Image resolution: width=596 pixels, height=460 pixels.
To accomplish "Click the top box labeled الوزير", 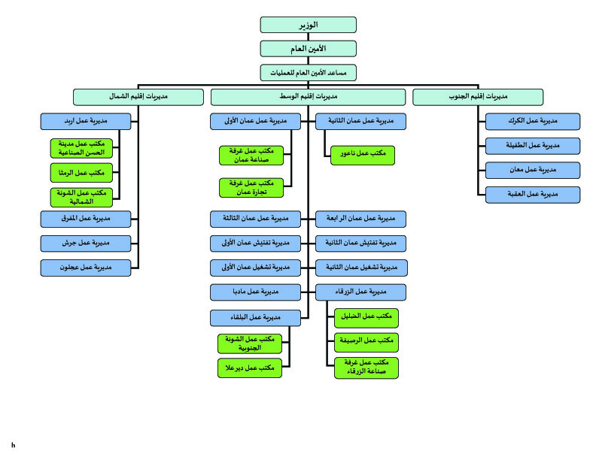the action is tap(309, 25).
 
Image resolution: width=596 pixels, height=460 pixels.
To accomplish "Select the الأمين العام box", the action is tap(309, 49).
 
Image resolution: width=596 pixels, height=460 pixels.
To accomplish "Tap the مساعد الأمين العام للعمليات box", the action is tap(309, 73).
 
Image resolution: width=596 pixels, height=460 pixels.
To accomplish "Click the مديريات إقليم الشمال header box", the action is tap(138, 97).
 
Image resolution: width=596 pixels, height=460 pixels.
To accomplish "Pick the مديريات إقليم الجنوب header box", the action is tap(478, 97).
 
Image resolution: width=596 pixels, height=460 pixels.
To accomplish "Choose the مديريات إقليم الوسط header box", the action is tap(309, 97).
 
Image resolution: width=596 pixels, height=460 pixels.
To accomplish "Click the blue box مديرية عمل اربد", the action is tap(86, 122).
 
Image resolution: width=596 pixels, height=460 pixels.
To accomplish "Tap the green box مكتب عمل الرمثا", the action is tap(82, 173).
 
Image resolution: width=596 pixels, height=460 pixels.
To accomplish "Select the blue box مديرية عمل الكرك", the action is tap(533, 122).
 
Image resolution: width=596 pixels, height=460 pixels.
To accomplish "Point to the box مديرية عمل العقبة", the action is tap(533, 195).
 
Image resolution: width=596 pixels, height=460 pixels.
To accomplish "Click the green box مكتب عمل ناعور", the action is tap(363, 156).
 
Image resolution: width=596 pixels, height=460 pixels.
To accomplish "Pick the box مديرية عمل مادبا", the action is tap(255, 292).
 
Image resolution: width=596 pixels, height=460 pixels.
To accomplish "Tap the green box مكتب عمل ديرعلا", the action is tap(250, 368).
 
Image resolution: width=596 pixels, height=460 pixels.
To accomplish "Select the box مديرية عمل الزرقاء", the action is tap(360, 292).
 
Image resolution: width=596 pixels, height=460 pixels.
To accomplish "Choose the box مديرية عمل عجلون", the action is tap(86, 268).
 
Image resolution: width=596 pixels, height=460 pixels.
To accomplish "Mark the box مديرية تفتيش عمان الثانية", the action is tap(360, 244).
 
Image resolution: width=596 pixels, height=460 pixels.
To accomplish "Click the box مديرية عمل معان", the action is tap(533, 171).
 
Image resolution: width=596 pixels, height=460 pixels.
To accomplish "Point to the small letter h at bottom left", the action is tap(14, 445).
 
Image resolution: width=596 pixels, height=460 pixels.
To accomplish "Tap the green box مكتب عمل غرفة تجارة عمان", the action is tap(251, 188).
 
